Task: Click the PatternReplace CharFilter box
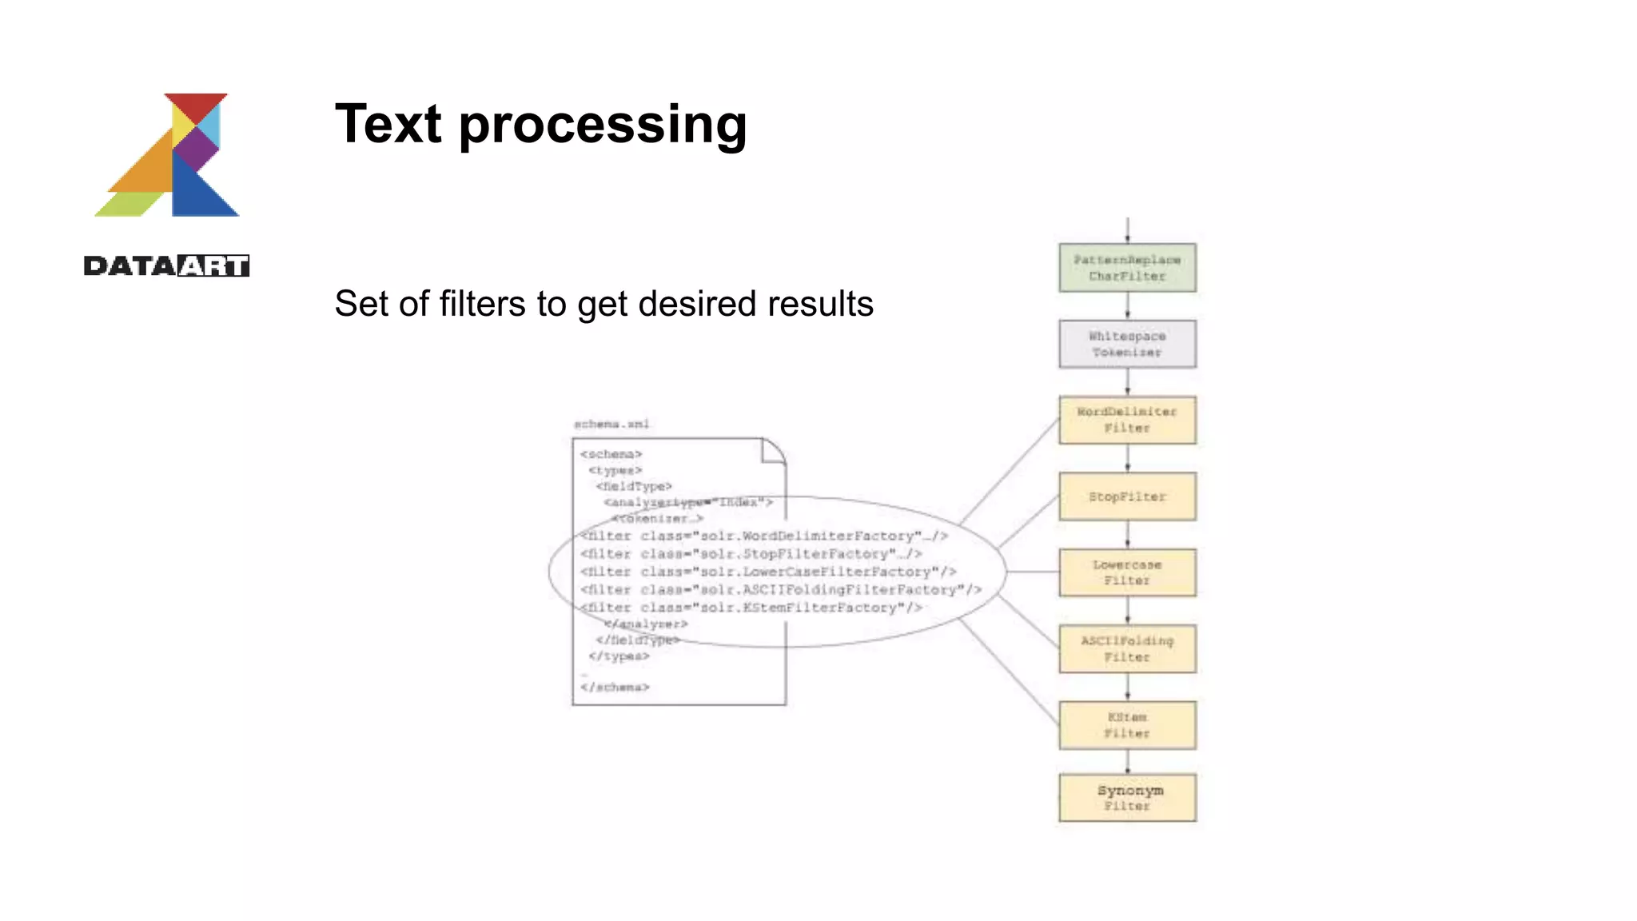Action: coord(1127,268)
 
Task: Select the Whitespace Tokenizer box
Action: coord(1127,344)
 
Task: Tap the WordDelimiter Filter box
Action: coord(1127,420)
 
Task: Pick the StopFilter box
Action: coord(1127,496)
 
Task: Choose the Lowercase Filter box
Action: coord(1127,572)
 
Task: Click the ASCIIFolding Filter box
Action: coord(1127,648)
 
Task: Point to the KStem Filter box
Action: coord(1127,725)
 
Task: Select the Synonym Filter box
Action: coord(1127,797)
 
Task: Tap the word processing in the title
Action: coord(603,126)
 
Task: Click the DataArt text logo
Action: coord(166,265)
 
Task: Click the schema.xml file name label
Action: coord(611,424)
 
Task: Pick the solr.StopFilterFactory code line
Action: coord(751,554)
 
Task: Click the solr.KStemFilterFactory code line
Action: coord(751,608)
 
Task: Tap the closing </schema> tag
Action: coord(615,687)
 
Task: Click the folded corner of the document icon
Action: coord(772,451)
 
